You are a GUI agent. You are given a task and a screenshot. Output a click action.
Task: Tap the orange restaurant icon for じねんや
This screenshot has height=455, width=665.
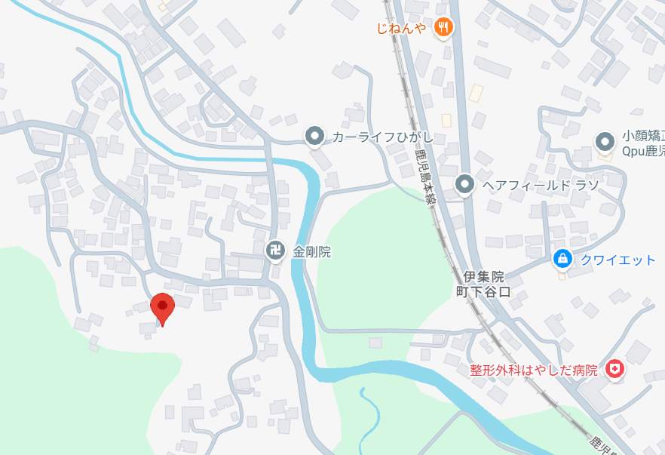point(444,27)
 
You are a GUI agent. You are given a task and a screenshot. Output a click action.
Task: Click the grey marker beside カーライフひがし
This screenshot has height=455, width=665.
point(314,136)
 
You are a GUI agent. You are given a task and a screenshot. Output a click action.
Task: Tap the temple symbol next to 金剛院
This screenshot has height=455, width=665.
point(276,249)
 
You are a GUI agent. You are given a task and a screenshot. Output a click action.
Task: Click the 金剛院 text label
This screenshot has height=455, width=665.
point(311,251)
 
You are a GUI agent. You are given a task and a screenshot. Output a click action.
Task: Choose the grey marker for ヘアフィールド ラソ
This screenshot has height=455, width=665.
point(465,183)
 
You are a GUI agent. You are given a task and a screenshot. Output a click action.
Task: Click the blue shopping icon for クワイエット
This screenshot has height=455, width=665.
point(562,259)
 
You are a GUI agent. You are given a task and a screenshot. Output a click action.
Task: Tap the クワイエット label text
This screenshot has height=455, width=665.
point(617,260)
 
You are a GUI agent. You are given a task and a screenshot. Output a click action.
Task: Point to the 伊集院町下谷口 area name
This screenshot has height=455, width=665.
point(483,284)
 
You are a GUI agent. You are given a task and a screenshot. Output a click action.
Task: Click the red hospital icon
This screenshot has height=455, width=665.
point(616,370)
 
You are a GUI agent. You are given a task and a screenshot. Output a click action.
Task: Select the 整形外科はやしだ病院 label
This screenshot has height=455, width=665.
point(533,370)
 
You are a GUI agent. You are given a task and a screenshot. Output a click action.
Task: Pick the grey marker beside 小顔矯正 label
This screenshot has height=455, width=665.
point(604,141)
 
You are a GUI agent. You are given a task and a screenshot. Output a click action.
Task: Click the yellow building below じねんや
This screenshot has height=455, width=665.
point(476,93)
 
